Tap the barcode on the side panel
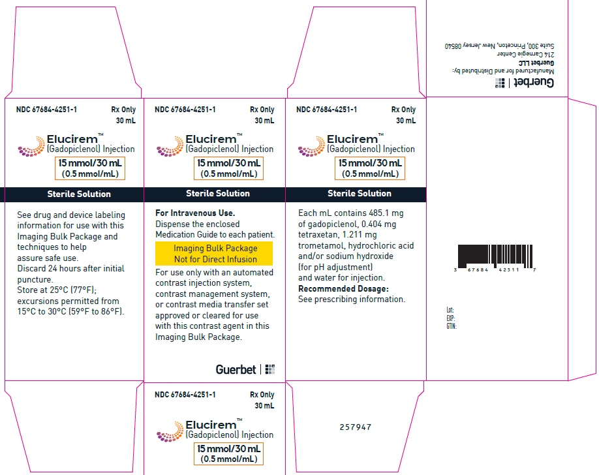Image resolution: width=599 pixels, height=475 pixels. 495,257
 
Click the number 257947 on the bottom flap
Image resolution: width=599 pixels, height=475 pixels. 355,427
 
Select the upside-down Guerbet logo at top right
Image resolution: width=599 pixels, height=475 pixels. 524,82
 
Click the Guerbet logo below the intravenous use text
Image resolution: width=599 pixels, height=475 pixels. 245,369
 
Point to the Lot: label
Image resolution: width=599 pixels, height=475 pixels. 450,310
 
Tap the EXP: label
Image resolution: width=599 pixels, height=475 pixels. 450,318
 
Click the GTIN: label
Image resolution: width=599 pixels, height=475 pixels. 451,326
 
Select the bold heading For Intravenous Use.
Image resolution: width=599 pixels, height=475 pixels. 195,213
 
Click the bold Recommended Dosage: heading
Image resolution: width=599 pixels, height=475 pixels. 343,288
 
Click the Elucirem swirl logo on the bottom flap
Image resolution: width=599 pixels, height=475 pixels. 170,431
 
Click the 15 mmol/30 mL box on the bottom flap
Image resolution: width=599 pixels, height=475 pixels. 228,453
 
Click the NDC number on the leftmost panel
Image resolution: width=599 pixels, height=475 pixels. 46,110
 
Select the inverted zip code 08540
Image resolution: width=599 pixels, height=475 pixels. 453,46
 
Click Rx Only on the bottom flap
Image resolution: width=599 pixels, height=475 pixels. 262,395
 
